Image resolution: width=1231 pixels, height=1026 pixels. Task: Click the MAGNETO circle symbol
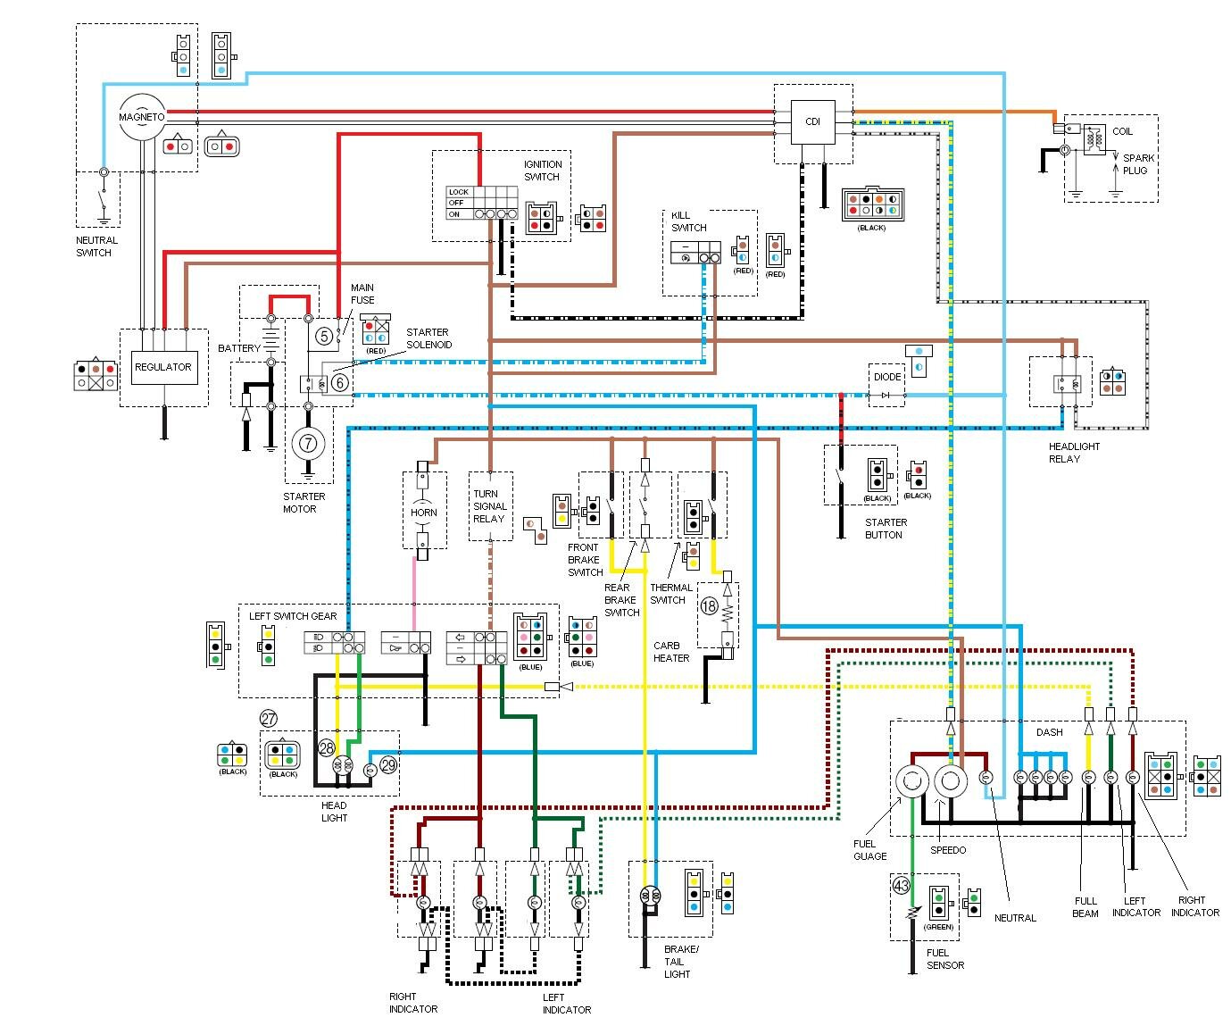(x=143, y=117)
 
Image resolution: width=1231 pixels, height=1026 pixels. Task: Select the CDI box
(x=812, y=122)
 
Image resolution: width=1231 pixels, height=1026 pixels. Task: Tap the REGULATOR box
(x=162, y=367)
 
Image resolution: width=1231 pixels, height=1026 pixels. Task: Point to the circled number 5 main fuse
(x=323, y=337)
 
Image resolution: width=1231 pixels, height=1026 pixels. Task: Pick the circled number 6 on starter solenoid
(x=339, y=383)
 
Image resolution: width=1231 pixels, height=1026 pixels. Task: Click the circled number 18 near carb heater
(x=709, y=606)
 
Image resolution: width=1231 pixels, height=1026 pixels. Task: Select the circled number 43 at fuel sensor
(x=901, y=886)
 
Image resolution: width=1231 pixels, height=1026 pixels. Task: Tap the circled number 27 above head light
(x=269, y=718)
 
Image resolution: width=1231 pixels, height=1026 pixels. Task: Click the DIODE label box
(x=886, y=377)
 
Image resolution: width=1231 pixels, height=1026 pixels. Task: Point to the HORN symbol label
(x=424, y=513)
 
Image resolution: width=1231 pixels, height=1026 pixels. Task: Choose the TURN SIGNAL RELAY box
(x=489, y=506)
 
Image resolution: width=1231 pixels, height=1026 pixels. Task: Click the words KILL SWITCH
(x=688, y=221)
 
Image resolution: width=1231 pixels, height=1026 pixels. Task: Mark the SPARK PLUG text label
(x=1138, y=163)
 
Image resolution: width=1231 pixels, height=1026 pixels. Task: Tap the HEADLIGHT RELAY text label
(x=1074, y=453)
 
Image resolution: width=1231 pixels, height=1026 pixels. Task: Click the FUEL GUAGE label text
(x=870, y=850)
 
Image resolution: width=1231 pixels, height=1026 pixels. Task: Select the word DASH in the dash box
(x=1049, y=732)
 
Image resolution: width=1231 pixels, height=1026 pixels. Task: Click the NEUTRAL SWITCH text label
(x=96, y=246)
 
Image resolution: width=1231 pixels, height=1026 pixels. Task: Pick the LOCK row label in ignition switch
(x=458, y=192)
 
